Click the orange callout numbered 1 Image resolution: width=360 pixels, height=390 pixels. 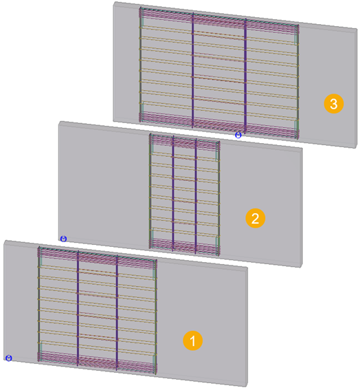click(193, 340)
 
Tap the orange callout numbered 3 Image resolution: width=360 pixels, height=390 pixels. click(333, 104)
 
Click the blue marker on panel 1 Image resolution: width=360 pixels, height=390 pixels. click(8, 358)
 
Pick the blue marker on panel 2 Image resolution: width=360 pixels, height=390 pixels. click(63, 238)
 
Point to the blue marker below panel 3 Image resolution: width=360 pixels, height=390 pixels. click(238, 136)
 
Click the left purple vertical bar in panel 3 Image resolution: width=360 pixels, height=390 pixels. click(193, 69)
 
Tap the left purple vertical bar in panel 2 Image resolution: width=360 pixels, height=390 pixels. click(172, 193)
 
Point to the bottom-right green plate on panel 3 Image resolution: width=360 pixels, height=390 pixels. click(295, 125)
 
